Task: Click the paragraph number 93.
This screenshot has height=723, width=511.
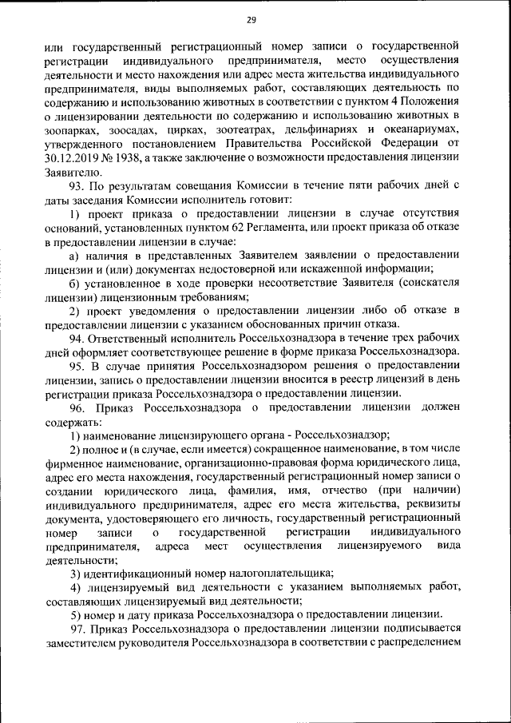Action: (77, 185)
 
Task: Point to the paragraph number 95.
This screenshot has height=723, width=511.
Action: (77, 365)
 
